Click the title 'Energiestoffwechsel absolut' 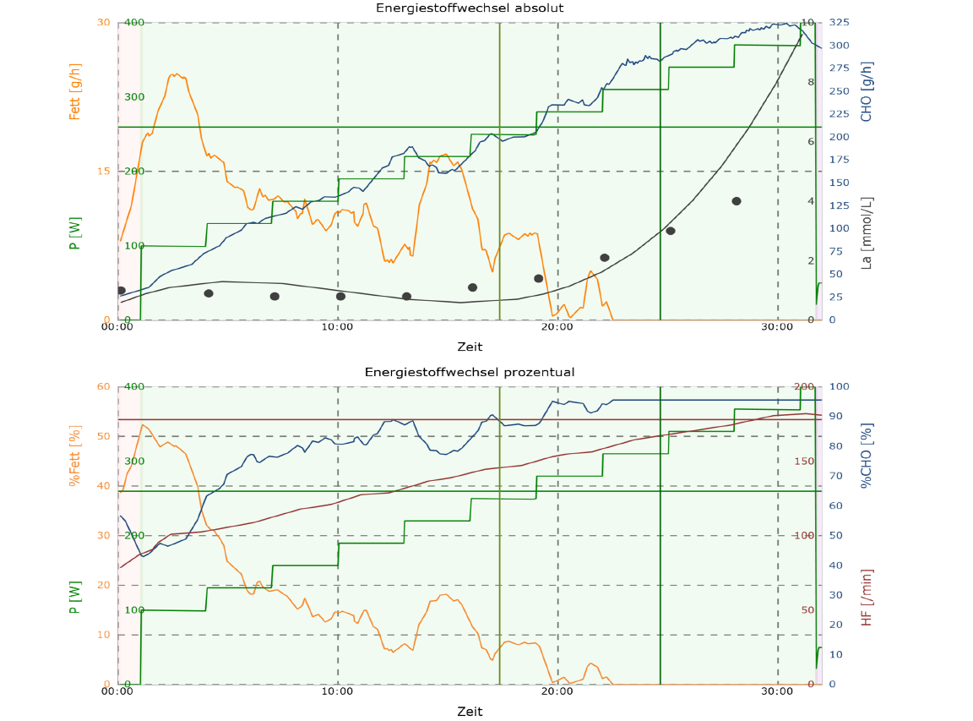470,8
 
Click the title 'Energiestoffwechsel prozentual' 470,372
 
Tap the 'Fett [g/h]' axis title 75,91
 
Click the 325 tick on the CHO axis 841,22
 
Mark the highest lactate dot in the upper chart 737,201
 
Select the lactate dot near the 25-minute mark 671,231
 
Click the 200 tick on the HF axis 804,386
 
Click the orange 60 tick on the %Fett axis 104,386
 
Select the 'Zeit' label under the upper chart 470,347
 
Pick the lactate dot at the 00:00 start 121,291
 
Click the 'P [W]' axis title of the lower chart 75,598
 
